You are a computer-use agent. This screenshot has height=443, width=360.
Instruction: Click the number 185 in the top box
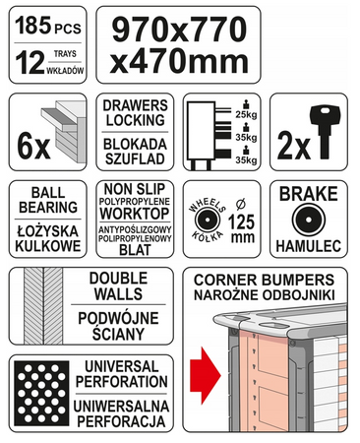click(x=33, y=26)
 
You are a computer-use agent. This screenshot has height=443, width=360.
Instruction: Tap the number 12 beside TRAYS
click(x=30, y=62)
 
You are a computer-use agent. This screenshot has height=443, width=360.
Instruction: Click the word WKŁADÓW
click(x=65, y=70)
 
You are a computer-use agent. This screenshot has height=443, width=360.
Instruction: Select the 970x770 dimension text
click(x=179, y=30)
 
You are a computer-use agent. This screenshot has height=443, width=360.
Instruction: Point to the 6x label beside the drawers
click(x=33, y=148)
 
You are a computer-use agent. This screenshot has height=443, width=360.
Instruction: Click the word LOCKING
click(x=135, y=120)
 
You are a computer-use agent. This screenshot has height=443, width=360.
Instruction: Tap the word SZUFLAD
click(x=135, y=158)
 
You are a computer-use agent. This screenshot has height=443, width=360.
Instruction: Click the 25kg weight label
click(x=246, y=115)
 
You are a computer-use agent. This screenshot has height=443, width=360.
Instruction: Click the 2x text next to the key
click(x=294, y=148)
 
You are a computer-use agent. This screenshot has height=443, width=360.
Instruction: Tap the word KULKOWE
click(x=48, y=246)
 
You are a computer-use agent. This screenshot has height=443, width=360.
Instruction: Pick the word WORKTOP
click(x=135, y=214)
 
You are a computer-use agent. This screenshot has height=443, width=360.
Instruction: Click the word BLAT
click(x=135, y=250)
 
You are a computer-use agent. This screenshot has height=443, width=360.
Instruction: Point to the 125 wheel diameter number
click(x=242, y=222)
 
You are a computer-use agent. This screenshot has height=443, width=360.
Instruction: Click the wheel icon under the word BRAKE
click(x=309, y=220)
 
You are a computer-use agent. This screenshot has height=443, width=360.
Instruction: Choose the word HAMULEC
click(x=309, y=246)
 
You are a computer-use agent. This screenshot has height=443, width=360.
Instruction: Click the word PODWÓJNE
click(x=118, y=318)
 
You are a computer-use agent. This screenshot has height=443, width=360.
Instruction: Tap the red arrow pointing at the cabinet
click(x=206, y=375)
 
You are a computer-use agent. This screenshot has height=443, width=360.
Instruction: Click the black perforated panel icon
click(x=41, y=393)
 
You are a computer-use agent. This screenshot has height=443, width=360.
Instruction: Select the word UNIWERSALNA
click(x=121, y=407)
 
